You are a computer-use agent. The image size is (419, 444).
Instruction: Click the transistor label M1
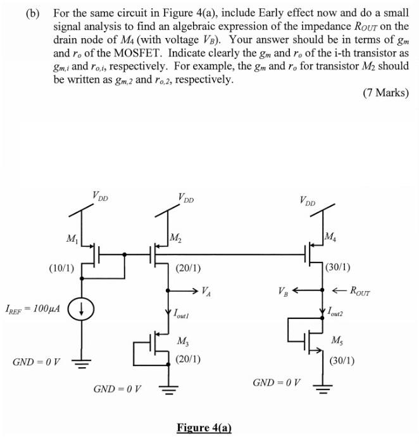coord(72,238)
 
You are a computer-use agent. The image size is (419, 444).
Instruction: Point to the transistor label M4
coord(330,237)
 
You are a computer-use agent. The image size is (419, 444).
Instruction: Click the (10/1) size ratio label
coord(61,268)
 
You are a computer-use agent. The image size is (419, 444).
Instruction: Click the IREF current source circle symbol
coord(82,310)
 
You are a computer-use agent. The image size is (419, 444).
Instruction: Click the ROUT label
coord(357,292)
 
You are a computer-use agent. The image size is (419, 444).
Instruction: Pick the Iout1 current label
coord(183,313)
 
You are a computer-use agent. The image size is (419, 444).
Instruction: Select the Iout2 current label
coord(339,311)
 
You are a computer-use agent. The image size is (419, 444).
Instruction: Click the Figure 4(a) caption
coord(204,428)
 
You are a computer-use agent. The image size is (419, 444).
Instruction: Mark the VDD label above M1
coord(100,197)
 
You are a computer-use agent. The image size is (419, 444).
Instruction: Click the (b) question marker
coord(34,12)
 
